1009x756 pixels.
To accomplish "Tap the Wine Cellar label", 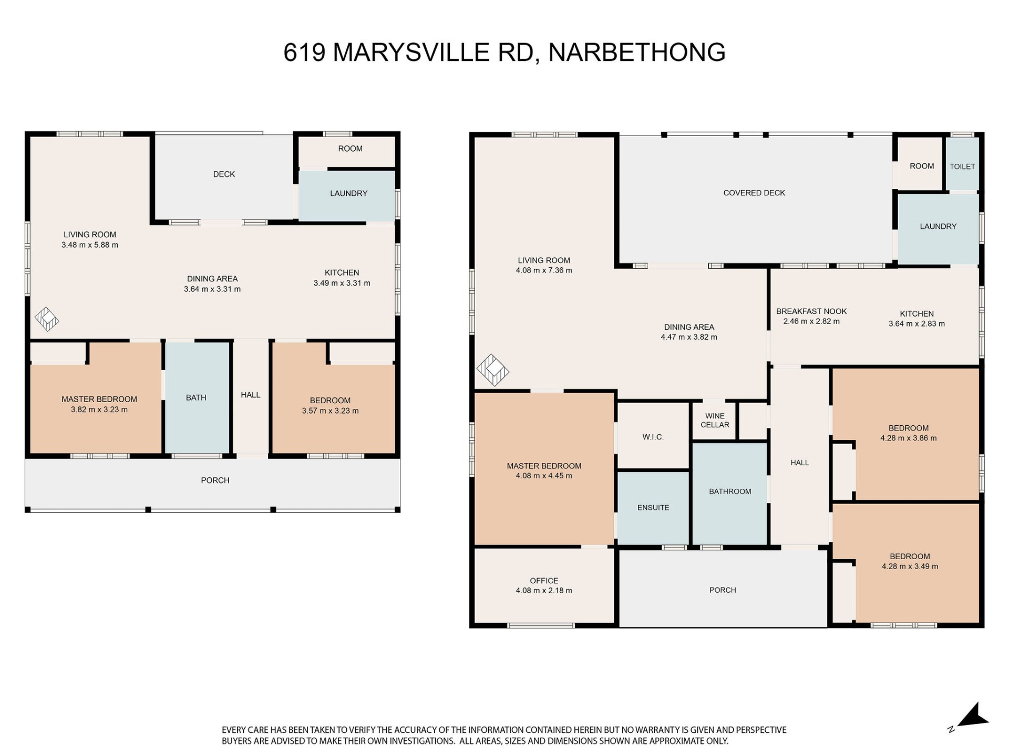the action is click(715, 421).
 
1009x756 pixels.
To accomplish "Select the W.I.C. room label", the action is click(653, 437).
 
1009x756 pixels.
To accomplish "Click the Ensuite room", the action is click(653, 508).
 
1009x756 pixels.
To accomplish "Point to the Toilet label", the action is click(962, 166).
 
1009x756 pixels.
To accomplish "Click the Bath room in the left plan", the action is click(197, 397).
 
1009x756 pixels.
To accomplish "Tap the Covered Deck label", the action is click(754, 193).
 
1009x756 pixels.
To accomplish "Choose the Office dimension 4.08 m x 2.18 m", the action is click(544, 591).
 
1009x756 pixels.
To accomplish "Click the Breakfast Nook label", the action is click(811, 311).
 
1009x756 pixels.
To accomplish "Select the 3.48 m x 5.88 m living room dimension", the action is click(90, 245).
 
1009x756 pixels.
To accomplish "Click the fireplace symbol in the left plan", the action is click(47, 319).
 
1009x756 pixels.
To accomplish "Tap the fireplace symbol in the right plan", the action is click(492, 370).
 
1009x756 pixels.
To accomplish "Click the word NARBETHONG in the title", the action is click(637, 52).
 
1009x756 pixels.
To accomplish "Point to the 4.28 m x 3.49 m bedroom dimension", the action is click(910, 566).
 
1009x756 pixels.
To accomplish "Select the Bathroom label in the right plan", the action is click(730, 491).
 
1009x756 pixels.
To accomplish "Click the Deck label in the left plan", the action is click(224, 174).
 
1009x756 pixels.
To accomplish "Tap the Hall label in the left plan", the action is click(251, 395).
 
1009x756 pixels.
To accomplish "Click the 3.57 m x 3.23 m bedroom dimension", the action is click(330, 411).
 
